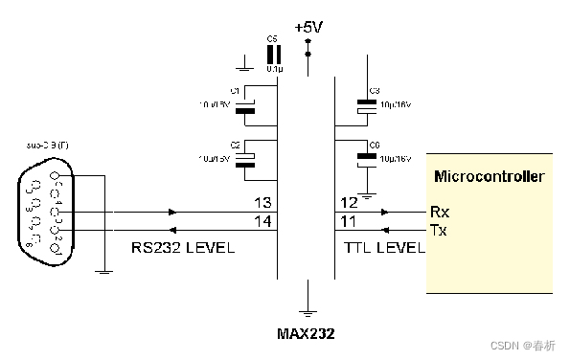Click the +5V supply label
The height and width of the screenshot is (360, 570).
click(x=308, y=27)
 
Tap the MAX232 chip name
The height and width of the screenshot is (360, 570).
click(x=307, y=334)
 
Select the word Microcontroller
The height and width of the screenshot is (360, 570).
click(x=490, y=176)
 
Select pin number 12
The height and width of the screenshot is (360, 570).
click(x=349, y=203)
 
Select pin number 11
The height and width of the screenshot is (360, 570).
click(x=349, y=222)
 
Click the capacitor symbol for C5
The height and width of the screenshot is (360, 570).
click(x=274, y=56)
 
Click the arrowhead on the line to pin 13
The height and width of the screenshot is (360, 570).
click(x=172, y=212)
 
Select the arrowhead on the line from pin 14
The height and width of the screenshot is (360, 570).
click(x=172, y=231)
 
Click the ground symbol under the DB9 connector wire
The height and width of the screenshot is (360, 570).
click(x=101, y=269)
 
